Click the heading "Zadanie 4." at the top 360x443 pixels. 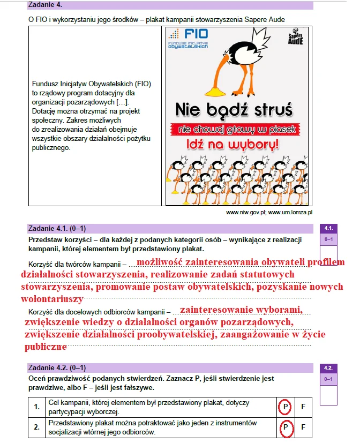(46, 5)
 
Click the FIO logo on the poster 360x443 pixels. (189, 39)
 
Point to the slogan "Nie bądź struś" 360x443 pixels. (234, 110)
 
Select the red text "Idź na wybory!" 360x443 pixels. (232, 145)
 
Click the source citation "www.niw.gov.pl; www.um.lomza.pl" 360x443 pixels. (269, 212)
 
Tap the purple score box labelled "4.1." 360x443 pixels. (328, 228)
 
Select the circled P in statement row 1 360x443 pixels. (286, 407)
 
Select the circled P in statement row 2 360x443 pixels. (286, 427)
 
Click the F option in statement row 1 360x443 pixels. (303, 407)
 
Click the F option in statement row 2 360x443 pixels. (303, 427)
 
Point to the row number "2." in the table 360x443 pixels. (37, 427)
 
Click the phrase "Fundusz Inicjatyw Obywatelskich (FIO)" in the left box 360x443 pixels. (92, 84)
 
